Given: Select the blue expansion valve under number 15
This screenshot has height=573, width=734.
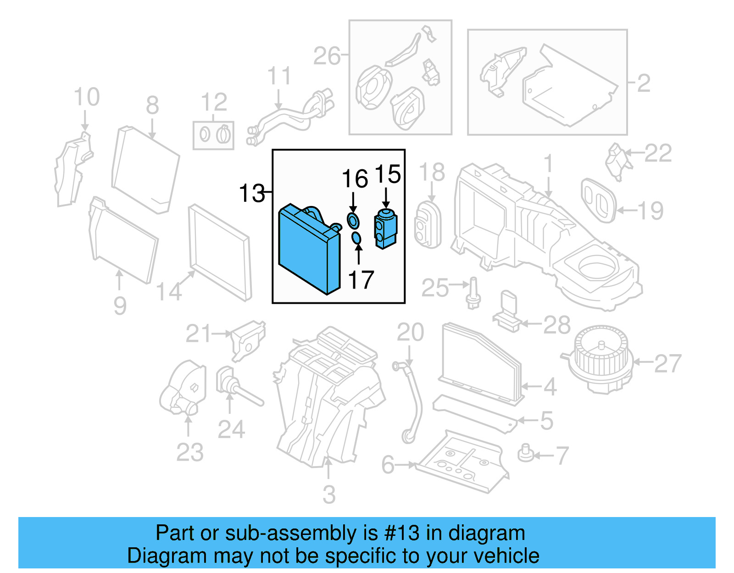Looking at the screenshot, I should [x=386, y=228].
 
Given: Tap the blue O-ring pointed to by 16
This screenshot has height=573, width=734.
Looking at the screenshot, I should [x=353, y=221].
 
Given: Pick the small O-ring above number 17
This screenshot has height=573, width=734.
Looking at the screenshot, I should [x=356, y=239].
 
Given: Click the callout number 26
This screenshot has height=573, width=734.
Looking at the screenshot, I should [x=327, y=56].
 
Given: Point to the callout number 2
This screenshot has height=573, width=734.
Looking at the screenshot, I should [x=644, y=83].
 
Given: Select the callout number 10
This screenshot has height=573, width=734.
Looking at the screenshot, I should [x=87, y=97].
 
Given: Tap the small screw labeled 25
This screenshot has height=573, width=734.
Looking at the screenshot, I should [x=473, y=294].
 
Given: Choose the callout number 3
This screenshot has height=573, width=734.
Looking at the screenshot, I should [x=329, y=495].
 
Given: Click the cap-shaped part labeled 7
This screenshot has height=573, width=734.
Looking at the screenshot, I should [x=526, y=453].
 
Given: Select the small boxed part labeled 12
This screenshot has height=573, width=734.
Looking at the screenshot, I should [x=213, y=135].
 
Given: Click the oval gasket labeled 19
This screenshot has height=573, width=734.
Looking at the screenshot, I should [x=598, y=200].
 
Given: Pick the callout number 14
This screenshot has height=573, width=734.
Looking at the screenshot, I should [x=169, y=292].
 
